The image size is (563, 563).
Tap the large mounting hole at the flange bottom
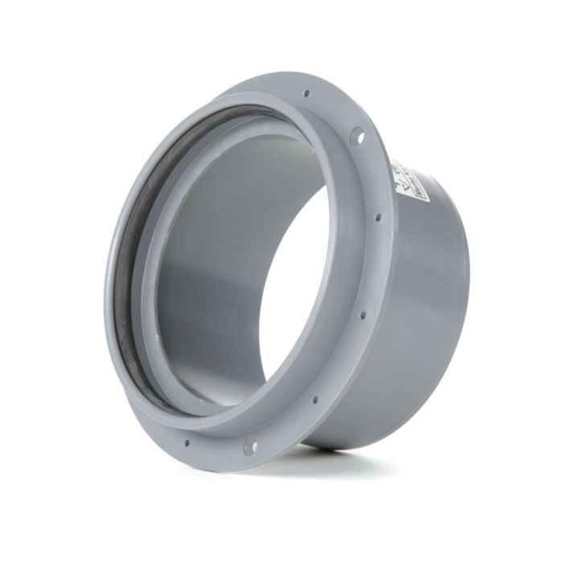[x=250, y=445]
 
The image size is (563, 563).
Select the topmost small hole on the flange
[x=306, y=94]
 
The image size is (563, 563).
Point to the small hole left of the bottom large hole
[x=187, y=441]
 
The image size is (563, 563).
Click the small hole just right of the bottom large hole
[x=314, y=400]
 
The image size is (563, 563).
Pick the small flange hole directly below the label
[x=378, y=216]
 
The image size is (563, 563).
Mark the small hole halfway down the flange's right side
[x=363, y=314]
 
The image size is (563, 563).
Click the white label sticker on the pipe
[x=409, y=181]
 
